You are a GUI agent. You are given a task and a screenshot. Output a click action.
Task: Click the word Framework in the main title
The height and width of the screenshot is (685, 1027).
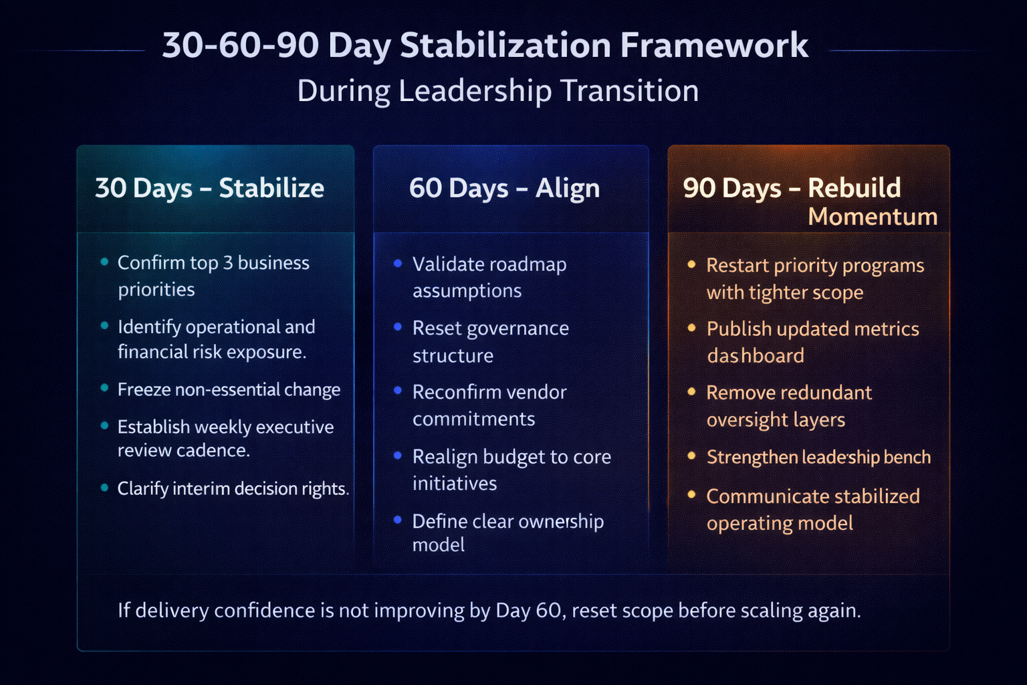point(713,45)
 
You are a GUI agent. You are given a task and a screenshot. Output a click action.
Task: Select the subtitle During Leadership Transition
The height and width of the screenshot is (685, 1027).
point(497,91)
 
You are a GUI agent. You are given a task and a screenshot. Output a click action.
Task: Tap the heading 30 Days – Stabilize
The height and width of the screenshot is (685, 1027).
point(209,188)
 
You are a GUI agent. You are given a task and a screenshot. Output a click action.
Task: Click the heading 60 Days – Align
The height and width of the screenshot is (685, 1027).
point(504,188)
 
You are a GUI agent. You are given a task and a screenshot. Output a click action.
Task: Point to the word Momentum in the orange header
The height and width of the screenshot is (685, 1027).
point(872,217)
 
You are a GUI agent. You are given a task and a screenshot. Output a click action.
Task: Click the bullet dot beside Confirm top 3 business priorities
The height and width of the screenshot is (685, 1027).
point(104,262)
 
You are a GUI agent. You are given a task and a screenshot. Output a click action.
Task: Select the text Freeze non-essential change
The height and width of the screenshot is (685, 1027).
point(229,389)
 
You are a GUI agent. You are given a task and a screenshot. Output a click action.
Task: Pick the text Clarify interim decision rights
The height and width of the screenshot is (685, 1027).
point(233,488)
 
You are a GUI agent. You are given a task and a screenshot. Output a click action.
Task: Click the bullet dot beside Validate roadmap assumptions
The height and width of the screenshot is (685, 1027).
point(398,264)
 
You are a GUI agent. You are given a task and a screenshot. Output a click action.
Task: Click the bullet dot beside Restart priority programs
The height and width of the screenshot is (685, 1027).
point(691,265)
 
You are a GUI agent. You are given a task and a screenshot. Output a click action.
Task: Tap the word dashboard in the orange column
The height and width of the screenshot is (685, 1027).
point(756,356)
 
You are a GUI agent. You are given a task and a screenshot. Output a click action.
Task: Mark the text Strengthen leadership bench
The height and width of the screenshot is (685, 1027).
point(818,457)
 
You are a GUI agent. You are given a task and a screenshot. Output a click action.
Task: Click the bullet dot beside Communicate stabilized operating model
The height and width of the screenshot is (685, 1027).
point(691,495)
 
